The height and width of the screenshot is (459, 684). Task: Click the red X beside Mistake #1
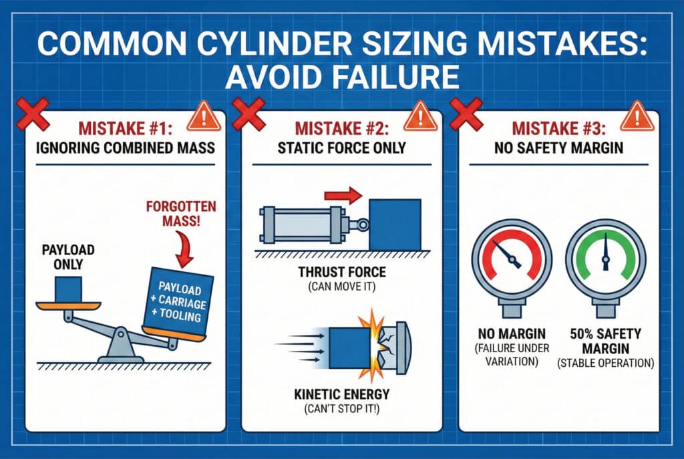33,114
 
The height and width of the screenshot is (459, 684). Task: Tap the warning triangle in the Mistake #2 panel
420,117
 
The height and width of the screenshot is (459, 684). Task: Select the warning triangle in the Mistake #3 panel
637,117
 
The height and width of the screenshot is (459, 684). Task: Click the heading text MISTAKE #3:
558,129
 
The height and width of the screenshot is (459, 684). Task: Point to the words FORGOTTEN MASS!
181,213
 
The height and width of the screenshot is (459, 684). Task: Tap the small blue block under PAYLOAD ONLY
69,289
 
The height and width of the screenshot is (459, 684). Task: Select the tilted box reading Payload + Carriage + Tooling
178,302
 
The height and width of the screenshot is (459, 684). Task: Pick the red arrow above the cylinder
343,195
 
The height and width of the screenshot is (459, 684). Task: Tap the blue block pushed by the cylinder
395,224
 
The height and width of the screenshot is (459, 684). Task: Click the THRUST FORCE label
342,272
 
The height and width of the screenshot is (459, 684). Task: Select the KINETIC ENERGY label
342,394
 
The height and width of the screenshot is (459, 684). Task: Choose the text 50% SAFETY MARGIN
605,341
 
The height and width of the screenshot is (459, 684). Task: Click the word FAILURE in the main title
342,77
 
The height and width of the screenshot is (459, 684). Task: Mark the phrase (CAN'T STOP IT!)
342,410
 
